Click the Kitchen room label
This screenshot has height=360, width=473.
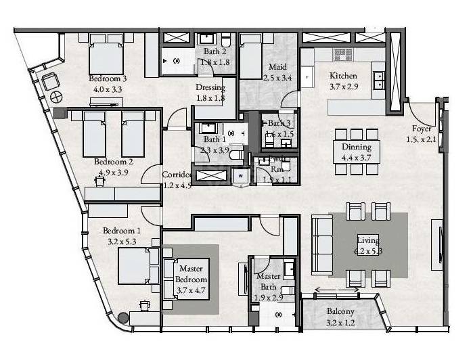click(x=343, y=76)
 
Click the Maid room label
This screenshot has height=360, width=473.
click(x=277, y=67)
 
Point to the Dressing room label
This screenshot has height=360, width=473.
click(x=210, y=88)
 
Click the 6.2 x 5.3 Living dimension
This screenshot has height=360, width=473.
click(x=369, y=251)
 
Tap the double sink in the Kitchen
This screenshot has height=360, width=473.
click(x=378, y=79)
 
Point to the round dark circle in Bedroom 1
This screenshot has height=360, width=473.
click(x=123, y=317)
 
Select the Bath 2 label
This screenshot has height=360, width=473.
click(x=215, y=51)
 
